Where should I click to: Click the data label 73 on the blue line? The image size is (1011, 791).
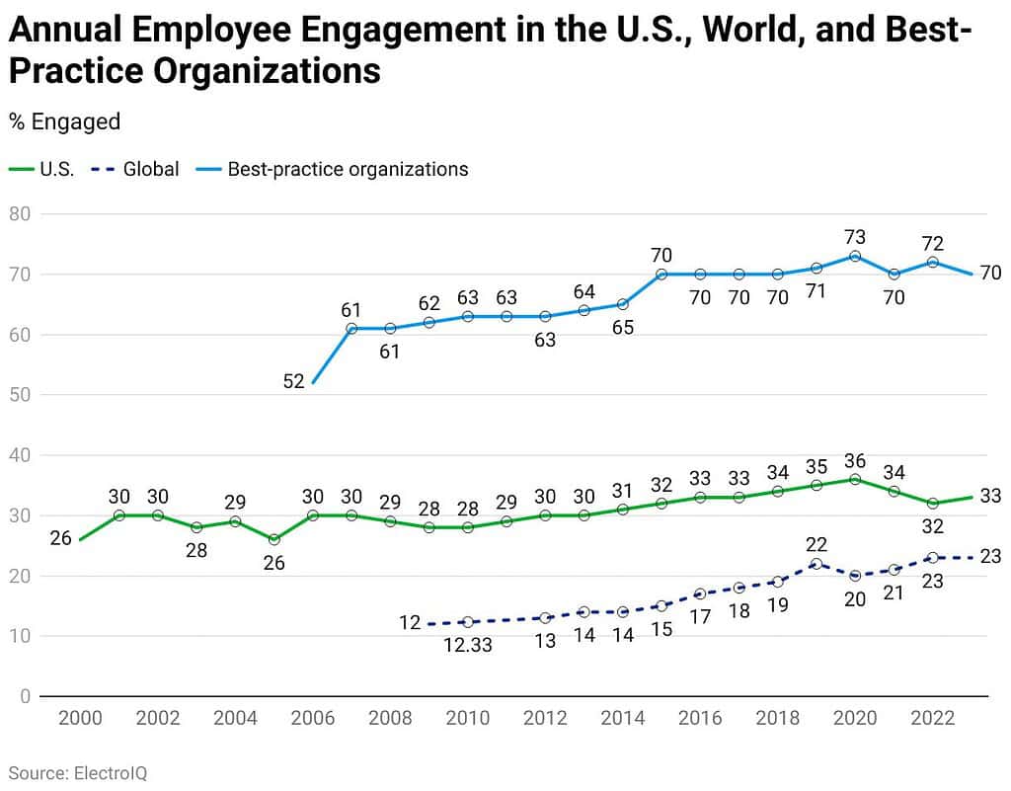855,237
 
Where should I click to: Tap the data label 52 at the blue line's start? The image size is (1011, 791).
293,382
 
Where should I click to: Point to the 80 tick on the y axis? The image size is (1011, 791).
20,213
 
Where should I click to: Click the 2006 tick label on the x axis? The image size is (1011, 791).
312,718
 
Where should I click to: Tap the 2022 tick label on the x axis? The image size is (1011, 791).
932,718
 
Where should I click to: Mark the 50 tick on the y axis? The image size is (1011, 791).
20,395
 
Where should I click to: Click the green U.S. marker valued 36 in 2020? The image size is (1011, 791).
855,479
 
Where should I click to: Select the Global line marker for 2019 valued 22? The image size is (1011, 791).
817,564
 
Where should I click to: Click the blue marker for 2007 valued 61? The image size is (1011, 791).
351,328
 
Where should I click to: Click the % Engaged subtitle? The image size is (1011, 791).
64,121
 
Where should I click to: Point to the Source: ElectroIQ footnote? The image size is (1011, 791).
78,772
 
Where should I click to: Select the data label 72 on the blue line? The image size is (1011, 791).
932,243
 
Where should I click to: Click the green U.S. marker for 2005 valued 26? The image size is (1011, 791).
273,539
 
